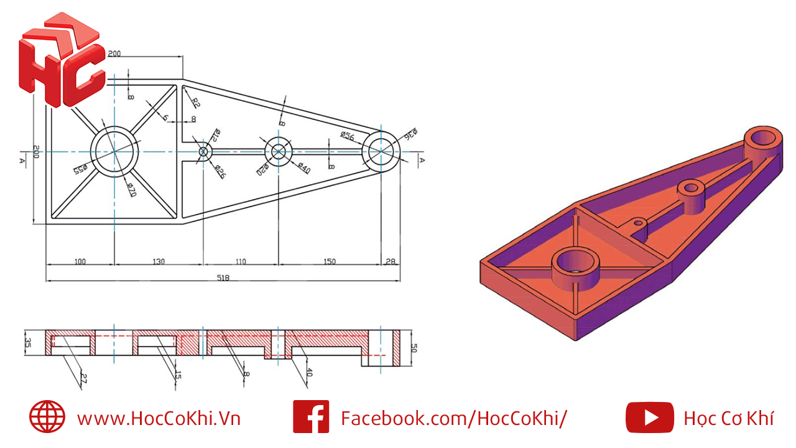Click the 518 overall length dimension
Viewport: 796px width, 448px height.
[x=223, y=278]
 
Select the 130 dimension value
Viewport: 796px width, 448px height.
[x=159, y=261]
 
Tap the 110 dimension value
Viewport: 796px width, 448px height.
[x=241, y=261]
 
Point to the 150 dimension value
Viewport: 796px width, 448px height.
[x=329, y=261]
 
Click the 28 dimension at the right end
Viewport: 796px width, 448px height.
[x=391, y=261]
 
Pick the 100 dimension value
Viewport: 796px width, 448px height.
[x=80, y=261]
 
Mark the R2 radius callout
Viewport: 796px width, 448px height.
[x=195, y=103]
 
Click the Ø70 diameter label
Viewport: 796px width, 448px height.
[x=131, y=189]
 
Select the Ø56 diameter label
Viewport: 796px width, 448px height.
[x=347, y=135]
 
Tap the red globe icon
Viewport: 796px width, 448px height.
[x=47, y=417]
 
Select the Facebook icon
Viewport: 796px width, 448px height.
[x=311, y=417]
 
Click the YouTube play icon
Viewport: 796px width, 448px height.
[x=649, y=417]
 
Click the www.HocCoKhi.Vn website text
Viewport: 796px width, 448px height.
[x=159, y=418]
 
